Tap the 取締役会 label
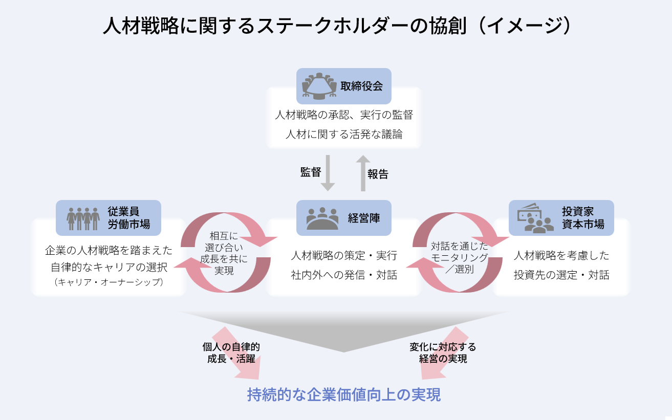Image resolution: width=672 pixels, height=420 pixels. click(x=361, y=86)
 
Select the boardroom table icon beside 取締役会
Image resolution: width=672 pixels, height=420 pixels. click(x=319, y=86)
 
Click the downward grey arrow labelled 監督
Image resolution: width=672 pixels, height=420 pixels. click(x=328, y=173)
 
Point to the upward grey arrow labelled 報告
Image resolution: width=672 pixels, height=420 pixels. click(x=363, y=173)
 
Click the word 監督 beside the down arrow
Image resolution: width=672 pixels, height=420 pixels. click(x=311, y=172)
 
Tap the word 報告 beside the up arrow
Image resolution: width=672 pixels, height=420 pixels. click(x=378, y=174)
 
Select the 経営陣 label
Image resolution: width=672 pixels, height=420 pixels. click(x=364, y=218)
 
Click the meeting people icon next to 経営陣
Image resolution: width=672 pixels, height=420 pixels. click(x=322, y=218)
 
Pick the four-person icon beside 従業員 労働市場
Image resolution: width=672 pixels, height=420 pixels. click(x=83, y=219)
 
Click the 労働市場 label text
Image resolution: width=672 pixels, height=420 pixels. click(x=129, y=224)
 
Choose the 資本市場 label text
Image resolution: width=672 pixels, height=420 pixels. click(x=583, y=224)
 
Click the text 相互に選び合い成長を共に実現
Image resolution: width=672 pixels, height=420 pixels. click(x=224, y=253)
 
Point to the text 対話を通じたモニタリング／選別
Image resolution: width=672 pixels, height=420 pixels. click(x=460, y=257)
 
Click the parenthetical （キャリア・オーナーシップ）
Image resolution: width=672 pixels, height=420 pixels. click(x=109, y=282)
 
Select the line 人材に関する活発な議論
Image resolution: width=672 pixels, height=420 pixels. click(x=344, y=135)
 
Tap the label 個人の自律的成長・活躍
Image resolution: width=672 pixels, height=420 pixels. click(x=231, y=353)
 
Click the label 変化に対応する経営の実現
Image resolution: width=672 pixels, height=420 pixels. click(x=443, y=353)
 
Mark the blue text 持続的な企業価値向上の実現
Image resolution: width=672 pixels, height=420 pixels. click(x=344, y=394)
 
